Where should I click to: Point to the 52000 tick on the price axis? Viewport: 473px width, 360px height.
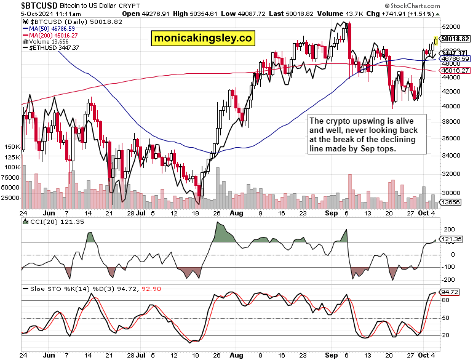coord(452,27)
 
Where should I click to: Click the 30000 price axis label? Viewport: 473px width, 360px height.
coord(452,193)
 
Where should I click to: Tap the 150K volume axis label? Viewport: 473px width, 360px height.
coord(12,147)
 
